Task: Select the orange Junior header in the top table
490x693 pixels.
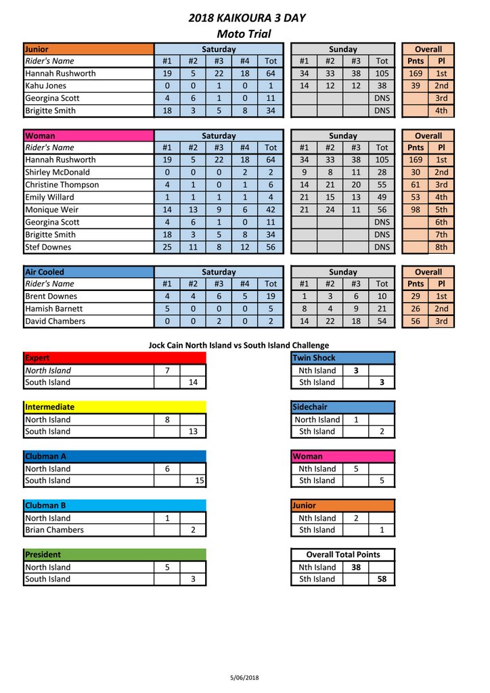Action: (x=88, y=49)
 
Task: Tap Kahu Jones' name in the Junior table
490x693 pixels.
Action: (x=45, y=86)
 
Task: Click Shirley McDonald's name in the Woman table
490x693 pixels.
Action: (x=57, y=173)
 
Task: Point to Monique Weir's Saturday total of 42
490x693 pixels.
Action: (x=271, y=210)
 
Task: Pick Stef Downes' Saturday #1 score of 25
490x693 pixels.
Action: (x=167, y=247)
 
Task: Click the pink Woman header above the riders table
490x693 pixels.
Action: (x=88, y=136)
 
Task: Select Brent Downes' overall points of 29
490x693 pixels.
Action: (x=416, y=296)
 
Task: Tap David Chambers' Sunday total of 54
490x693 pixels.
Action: (x=382, y=321)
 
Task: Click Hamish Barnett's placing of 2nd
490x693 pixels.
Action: (x=441, y=309)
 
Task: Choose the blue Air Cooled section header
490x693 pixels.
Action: (x=88, y=272)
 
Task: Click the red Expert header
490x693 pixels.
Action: (x=114, y=358)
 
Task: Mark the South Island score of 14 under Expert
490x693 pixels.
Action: (x=193, y=382)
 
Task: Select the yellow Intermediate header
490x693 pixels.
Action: (x=114, y=407)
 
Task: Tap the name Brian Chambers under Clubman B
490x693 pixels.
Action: (x=54, y=530)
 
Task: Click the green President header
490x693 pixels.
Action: (x=114, y=554)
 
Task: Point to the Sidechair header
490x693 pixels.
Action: (x=342, y=407)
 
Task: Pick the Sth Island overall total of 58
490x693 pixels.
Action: (x=382, y=579)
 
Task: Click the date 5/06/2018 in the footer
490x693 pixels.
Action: (x=244, y=677)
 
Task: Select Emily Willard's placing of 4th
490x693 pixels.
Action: (x=441, y=198)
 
